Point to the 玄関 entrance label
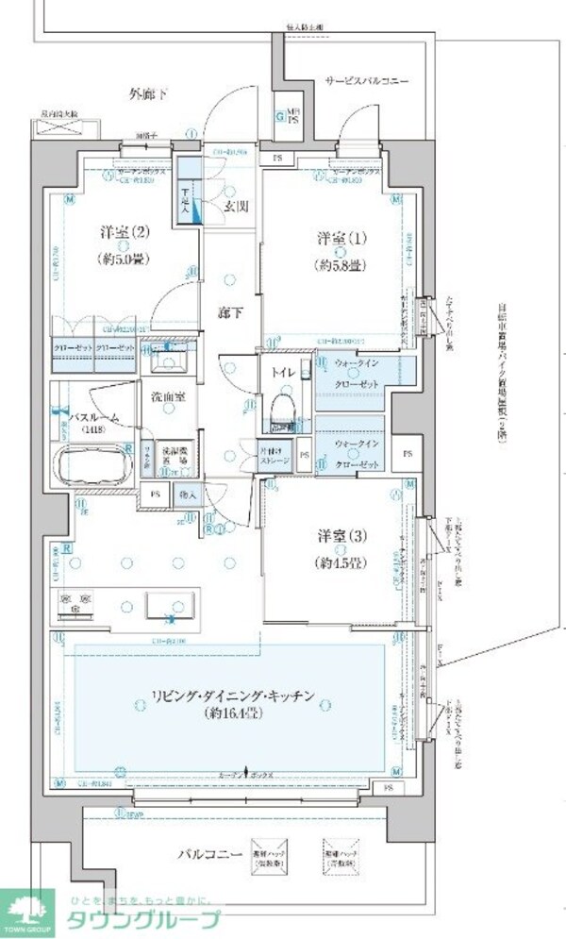pyautogui.click(x=236, y=207)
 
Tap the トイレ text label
pyautogui.click(x=286, y=373)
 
